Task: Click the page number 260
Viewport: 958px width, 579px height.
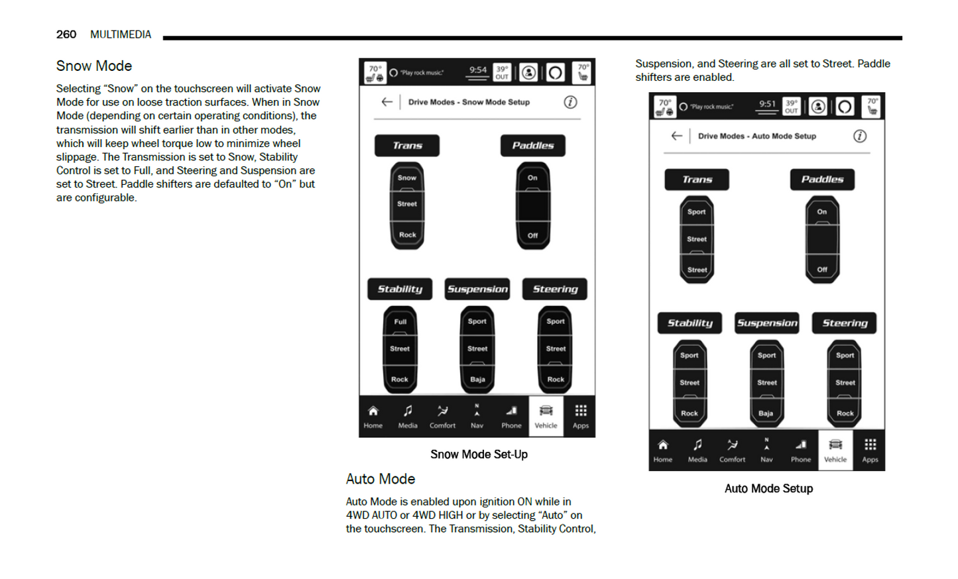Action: [x=66, y=34]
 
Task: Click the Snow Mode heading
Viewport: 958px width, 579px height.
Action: [x=94, y=66]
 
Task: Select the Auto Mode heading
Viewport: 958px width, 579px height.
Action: [x=380, y=479]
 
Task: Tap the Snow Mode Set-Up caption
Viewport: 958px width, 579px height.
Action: [x=479, y=454]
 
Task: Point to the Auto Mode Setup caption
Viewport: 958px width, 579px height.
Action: [x=768, y=489]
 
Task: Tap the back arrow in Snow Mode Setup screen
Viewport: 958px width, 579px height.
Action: [x=387, y=102]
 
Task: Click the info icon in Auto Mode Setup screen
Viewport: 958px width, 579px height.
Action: [x=860, y=136]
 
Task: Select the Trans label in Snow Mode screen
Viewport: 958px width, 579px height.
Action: [x=407, y=146]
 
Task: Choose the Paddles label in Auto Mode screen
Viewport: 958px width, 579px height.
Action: [x=822, y=180]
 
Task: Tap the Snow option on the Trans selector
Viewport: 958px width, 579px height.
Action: [x=407, y=178]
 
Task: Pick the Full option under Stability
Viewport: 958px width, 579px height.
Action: [x=400, y=322]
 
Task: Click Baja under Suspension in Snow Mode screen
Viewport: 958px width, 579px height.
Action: [x=477, y=380]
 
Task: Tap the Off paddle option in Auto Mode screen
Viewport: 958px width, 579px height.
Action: [x=822, y=270]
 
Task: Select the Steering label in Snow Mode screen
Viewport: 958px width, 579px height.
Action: [x=555, y=289]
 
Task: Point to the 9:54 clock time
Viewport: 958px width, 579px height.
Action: [x=477, y=70]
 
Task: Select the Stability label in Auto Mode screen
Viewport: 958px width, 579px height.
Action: [x=689, y=323]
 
